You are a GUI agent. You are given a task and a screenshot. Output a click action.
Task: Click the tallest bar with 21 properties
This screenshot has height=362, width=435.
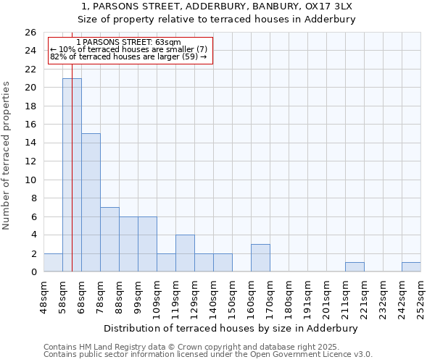[x=72, y=175]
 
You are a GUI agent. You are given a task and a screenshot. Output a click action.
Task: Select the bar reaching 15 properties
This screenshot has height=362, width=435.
[x=91, y=203]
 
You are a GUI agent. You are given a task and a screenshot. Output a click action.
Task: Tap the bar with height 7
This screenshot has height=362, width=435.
[x=109, y=240]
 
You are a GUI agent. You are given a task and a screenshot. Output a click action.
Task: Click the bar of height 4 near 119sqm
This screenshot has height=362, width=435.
[x=185, y=253]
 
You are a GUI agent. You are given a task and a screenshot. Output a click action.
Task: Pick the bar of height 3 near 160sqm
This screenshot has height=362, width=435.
[x=260, y=258]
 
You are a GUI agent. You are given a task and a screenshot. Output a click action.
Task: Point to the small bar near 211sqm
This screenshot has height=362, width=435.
[x=355, y=267]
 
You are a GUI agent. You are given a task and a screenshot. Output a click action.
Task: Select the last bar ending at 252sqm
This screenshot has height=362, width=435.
[x=411, y=267]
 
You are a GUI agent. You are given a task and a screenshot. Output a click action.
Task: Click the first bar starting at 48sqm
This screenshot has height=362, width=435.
[x=53, y=263]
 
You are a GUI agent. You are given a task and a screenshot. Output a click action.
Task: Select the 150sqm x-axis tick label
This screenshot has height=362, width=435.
[x=233, y=295]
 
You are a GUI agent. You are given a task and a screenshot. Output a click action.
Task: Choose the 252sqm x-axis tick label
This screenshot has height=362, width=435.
[x=421, y=295]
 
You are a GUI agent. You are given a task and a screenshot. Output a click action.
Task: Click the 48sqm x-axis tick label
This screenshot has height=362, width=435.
[x=44, y=295]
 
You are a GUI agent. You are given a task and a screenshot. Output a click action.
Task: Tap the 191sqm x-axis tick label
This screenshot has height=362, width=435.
[x=308, y=295]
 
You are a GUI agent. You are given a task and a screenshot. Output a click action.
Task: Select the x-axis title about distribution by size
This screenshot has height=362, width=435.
[x=233, y=328]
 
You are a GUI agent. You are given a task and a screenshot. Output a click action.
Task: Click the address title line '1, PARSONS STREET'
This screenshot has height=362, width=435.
[x=217, y=7]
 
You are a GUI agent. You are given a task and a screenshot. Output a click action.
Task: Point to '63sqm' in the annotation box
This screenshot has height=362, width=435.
[x=169, y=43]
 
